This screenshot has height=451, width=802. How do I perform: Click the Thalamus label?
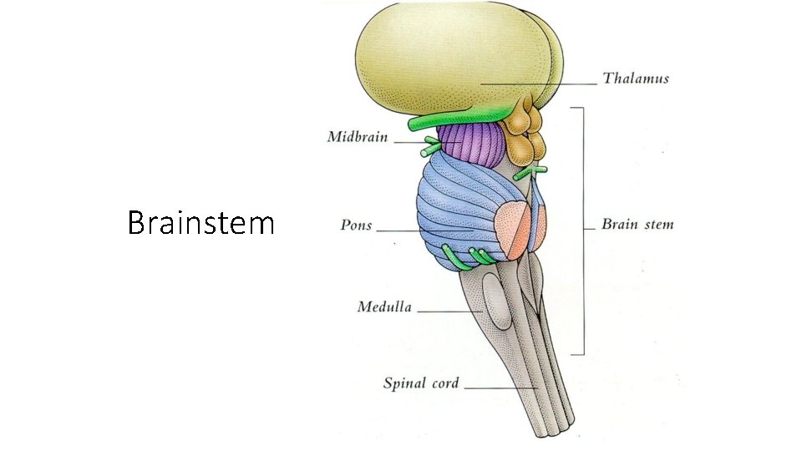pyautogui.click(x=635, y=79)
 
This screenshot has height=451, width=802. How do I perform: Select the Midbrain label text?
pyautogui.click(x=358, y=137)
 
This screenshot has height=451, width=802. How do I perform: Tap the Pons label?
pyautogui.click(x=356, y=225)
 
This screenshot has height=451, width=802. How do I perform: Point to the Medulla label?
pyautogui.click(x=384, y=307)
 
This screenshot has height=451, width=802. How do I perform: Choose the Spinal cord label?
pyautogui.click(x=420, y=384)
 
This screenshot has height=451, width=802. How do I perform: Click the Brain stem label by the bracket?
pyautogui.click(x=637, y=225)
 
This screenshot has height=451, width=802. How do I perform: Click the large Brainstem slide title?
pyautogui.click(x=201, y=223)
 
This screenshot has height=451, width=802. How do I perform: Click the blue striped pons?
pyautogui.click(x=455, y=209)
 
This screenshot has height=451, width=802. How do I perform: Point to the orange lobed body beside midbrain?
pyautogui.click(x=526, y=134)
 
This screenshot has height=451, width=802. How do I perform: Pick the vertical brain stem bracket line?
pyautogui.click(x=582, y=230)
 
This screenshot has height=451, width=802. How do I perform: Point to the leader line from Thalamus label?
pyautogui.click(x=543, y=83)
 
